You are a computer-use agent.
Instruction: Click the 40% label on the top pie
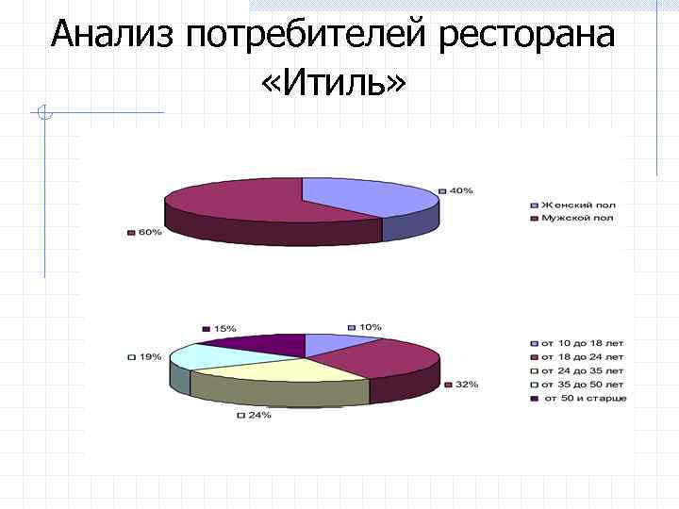[459, 191]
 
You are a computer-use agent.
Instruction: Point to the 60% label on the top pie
[149, 232]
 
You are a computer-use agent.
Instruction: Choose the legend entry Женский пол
[576, 204]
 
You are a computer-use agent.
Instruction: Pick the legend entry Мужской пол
[576, 218]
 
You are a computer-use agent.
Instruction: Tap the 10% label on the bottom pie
[369, 327]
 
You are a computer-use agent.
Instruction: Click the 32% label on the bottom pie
[466, 385]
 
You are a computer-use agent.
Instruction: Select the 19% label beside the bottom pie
[149, 357]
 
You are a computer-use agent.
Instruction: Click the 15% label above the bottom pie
[224, 328]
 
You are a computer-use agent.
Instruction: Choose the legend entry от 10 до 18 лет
[581, 343]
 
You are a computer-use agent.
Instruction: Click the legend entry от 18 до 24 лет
[581, 357]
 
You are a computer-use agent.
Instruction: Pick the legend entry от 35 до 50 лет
[581, 385]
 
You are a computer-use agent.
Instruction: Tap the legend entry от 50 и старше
[583, 398]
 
